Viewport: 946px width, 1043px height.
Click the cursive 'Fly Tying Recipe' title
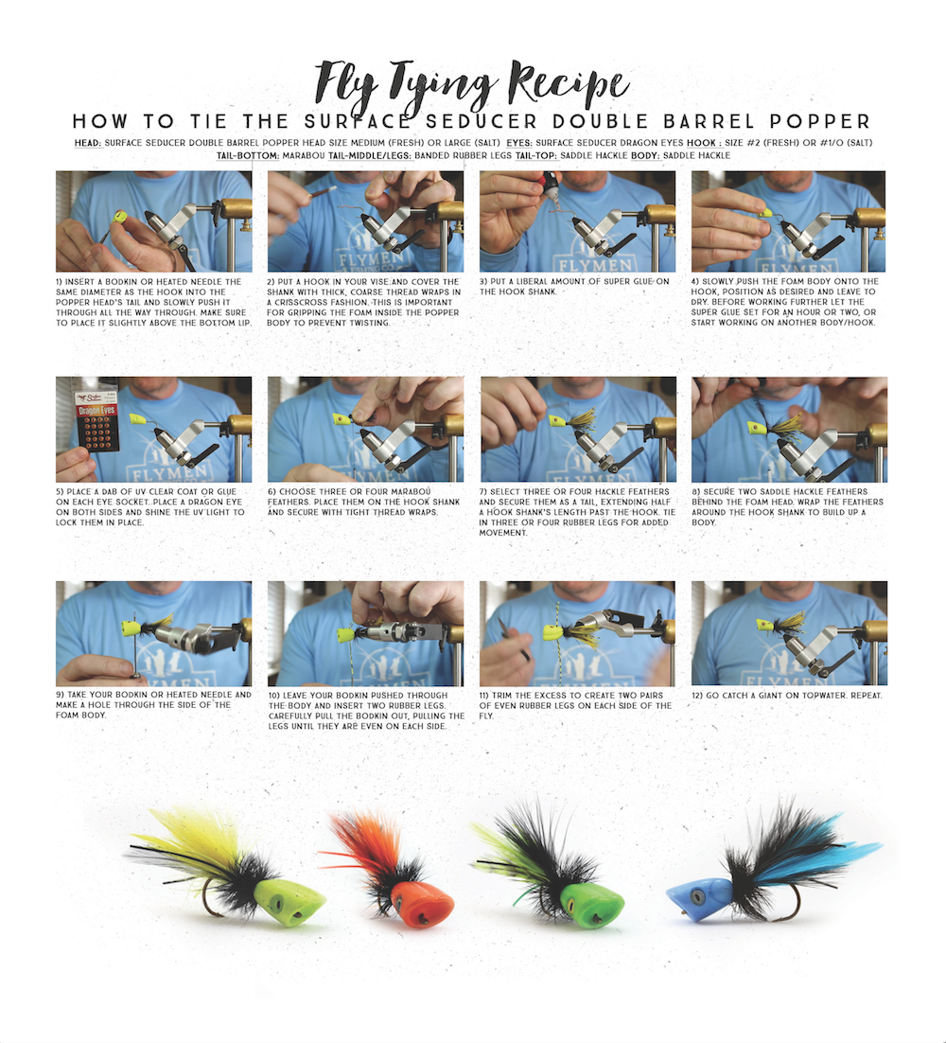click(473, 83)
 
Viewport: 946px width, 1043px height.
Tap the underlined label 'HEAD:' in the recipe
click(88, 143)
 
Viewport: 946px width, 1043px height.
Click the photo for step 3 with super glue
click(577, 221)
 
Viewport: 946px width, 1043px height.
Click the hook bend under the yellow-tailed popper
click(213, 907)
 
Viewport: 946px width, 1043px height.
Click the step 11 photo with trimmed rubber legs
click(577, 633)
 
